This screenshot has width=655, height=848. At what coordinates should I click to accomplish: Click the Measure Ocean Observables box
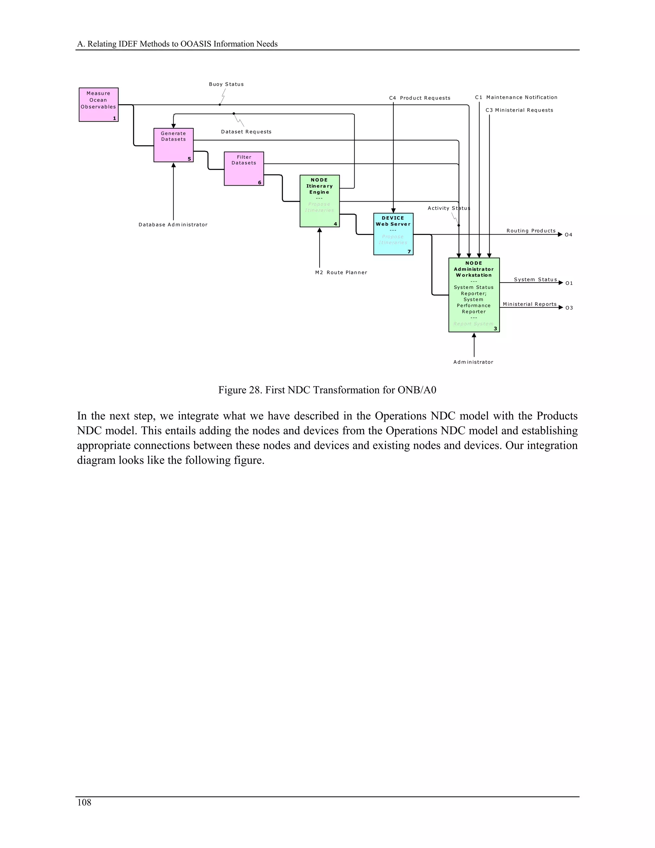(x=99, y=104)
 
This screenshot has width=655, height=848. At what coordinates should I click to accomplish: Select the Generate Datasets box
(x=173, y=145)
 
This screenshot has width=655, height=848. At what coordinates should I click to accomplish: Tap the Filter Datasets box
(x=244, y=169)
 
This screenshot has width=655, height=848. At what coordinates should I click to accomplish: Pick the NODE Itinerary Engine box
(x=320, y=201)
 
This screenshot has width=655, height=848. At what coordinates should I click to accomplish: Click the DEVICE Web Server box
(x=393, y=234)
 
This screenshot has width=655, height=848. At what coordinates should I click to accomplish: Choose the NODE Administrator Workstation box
(x=474, y=295)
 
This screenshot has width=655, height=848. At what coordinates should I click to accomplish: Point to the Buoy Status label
(x=226, y=84)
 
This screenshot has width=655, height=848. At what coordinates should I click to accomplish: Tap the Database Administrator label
(x=173, y=225)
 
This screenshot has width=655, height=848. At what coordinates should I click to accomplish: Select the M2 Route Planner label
(x=341, y=273)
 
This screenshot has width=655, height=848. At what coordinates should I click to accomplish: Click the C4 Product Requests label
(x=420, y=98)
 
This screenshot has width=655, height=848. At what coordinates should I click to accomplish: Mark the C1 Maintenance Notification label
(x=516, y=98)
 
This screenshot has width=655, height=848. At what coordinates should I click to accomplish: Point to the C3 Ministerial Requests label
(x=519, y=110)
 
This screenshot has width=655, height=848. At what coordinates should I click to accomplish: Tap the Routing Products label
(x=531, y=231)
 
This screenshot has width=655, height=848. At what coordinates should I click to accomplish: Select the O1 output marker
(x=569, y=284)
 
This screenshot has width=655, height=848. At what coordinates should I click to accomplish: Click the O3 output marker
(x=569, y=308)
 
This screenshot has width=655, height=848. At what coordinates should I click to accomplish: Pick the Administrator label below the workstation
(x=473, y=362)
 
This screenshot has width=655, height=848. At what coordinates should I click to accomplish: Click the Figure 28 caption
(x=327, y=390)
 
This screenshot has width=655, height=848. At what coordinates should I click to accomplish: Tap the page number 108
(x=84, y=803)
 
